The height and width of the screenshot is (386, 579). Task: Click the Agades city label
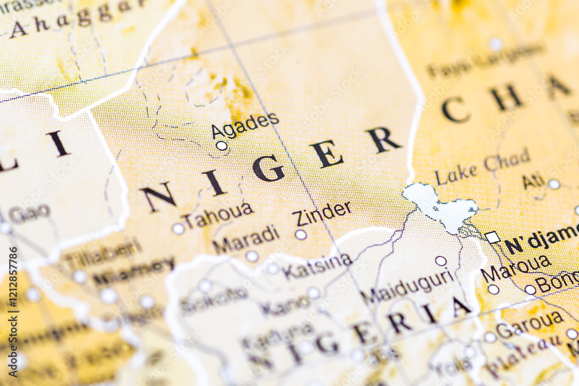[x=244, y=125]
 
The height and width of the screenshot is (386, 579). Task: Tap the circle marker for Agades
[x=221, y=146]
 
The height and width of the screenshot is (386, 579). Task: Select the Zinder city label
[x=322, y=214]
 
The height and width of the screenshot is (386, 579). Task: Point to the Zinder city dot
[x=301, y=234]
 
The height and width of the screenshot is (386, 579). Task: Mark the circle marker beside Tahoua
[x=178, y=229]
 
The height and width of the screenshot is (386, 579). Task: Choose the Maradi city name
[x=246, y=239]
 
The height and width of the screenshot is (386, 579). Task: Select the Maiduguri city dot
[x=441, y=261]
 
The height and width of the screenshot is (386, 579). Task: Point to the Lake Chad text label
[x=482, y=167]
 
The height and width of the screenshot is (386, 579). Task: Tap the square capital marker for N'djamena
[x=492, y=237]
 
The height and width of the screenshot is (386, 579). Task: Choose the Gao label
[x=29, y=214]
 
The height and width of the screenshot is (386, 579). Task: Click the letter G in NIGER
[x=269, y=168]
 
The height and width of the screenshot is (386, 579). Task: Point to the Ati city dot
[x=554, y=184]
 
